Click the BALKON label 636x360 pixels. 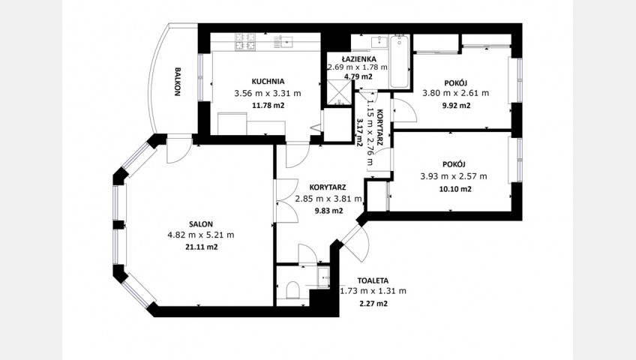pos(177,82)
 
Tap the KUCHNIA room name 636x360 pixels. pos(268,81)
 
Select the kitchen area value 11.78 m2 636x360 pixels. pos(268,106)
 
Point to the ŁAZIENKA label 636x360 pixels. pos(358,59)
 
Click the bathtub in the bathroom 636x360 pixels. pos(400,61)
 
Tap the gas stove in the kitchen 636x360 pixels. pos(245,42)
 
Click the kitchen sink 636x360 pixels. pos(287,41)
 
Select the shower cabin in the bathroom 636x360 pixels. pos(340,92)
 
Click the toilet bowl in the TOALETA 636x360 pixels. pos(292,289)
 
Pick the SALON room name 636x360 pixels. pos(201,223)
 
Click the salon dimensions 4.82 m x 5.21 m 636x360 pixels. pos(201,235)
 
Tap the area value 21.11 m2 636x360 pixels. pos(202,247)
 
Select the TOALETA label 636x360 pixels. pos(373,280)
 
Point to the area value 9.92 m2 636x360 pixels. pos(457,106)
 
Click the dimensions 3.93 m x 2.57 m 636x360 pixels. pos(454,176)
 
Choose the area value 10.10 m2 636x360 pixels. pos(455,189)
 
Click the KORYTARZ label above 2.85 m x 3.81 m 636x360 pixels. pos(327,187)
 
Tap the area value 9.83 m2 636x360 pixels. pos(329,211)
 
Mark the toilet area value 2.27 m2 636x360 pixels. pos(373,303)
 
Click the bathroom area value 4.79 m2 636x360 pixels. pos(358,76)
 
